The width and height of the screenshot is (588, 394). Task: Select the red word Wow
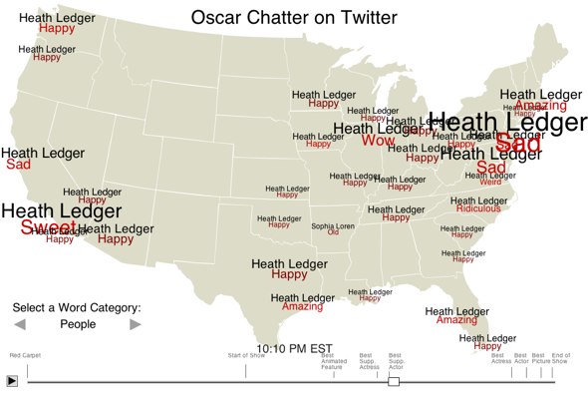point(378,141)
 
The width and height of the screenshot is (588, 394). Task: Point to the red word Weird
point(491,183)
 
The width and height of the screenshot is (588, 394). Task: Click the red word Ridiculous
point(479,208)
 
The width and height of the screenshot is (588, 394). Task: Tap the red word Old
point(333,233)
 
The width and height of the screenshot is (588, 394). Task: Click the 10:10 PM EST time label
point(294,349)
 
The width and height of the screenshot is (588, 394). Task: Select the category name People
point(78,324)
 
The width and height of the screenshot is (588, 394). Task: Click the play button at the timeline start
point(12,380)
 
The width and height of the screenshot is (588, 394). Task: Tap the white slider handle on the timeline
point(394,381)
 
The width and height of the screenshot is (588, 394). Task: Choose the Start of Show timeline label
point(244,355)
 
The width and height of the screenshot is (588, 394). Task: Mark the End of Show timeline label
point(560,358)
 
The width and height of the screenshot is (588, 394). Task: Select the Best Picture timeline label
point(539,358)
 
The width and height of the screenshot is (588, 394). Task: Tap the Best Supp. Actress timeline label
point(369,361)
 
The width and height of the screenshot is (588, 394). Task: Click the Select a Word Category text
point(77,308)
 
